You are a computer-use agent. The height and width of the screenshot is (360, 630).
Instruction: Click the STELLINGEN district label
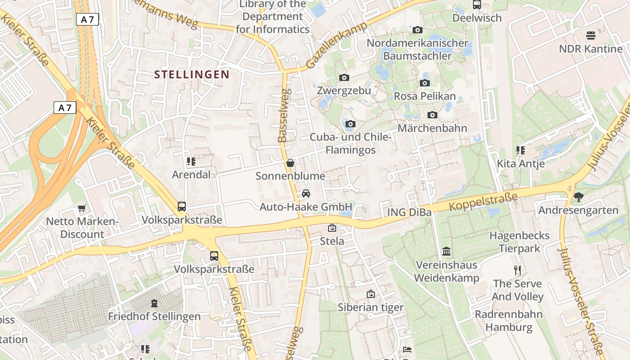pos(192,74)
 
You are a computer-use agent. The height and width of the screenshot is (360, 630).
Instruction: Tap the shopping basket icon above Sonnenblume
pos(290,163)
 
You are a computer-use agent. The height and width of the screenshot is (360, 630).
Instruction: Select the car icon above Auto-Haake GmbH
pos(306,193)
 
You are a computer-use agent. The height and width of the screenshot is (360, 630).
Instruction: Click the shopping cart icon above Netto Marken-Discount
pos(81,208)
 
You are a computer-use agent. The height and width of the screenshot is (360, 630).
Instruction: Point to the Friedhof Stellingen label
pos(154,316)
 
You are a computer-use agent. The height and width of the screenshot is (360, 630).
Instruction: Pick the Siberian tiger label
pos(371,307)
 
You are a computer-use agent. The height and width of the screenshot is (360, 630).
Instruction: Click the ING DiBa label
pos(409,212)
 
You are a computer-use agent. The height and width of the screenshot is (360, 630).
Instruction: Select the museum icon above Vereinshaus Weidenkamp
pos(446,251)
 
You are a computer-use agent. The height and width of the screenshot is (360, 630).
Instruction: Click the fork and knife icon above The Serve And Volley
pos(517,270)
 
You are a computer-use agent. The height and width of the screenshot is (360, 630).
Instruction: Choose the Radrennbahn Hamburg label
pos(509,321)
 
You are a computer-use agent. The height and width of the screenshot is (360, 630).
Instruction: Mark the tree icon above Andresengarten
pos(578,197)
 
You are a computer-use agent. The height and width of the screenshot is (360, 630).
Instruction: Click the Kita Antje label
pos(521,163)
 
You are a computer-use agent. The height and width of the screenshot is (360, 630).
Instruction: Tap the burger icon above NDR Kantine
pos(590,35)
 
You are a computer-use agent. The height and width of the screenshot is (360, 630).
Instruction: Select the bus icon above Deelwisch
pos(477,4)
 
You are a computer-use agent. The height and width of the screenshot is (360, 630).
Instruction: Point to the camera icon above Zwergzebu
pos(344,77)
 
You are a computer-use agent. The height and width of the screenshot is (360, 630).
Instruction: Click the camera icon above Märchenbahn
pos(432,115)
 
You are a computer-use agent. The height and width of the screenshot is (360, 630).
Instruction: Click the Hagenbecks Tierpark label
pos(519,242)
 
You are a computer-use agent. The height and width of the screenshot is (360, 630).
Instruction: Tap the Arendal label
pos(191,175)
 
